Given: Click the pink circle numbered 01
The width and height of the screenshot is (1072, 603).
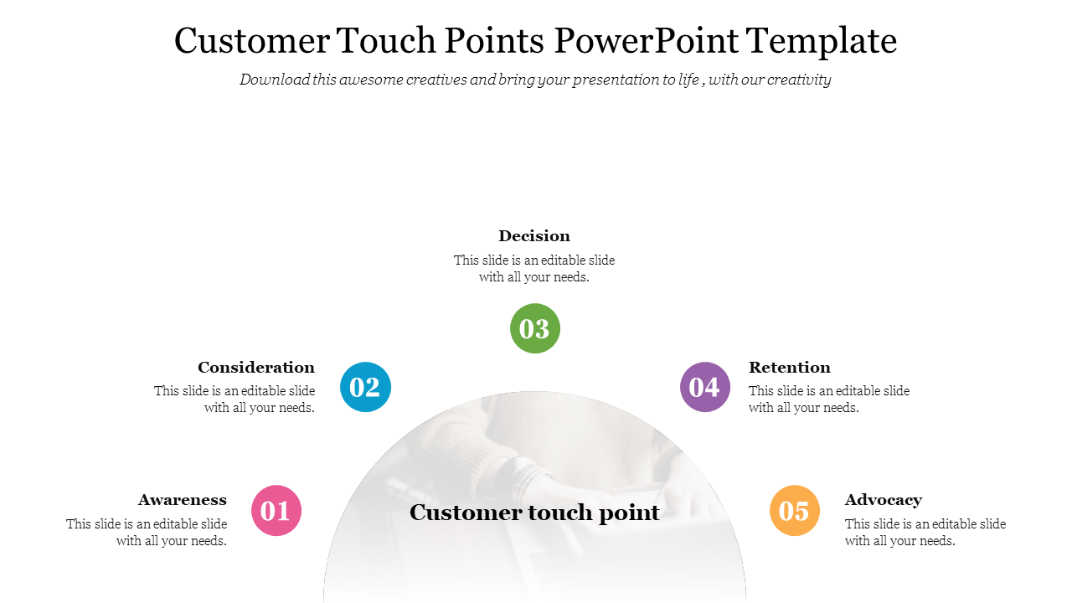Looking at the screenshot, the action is [x=276, y=510].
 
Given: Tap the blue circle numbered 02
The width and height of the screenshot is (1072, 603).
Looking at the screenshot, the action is [x=365, y=387].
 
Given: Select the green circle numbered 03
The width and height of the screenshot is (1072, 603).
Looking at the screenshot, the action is [x=534, y=328].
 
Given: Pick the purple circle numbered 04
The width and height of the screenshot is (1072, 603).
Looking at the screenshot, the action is [x=705, y=387].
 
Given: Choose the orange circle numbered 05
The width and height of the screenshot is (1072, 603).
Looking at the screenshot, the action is [x=795, y=510].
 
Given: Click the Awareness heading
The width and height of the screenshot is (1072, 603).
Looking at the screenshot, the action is [x=183, y=500].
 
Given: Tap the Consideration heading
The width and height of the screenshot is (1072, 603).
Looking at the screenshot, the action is [x=256, y=367].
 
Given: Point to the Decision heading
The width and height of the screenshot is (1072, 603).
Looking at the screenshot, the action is [x=534, y=235].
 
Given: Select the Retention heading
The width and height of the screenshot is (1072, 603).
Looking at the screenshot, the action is [x=790, y=367].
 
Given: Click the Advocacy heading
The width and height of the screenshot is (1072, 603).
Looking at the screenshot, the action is [x=884, y=501].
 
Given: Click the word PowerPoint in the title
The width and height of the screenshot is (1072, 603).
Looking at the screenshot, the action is [x=646, y=40].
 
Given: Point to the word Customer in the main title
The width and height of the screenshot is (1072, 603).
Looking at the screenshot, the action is [x=252, y=40].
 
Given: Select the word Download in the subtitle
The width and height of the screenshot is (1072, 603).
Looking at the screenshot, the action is [x=275, y=80].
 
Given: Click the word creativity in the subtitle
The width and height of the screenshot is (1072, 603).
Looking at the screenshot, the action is [x=799, y=80].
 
